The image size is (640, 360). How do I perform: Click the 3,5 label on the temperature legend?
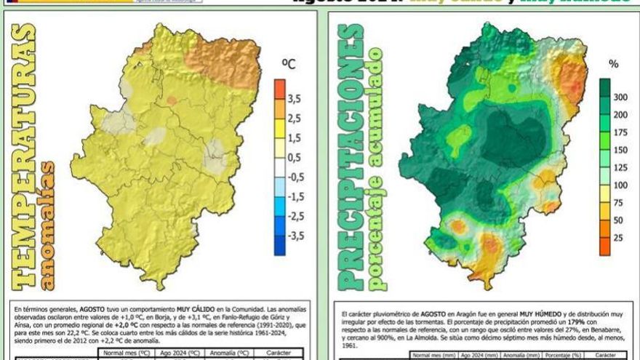(294, 98)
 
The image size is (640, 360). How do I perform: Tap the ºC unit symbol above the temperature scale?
(289, 65)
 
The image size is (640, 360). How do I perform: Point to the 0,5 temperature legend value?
(294, 157)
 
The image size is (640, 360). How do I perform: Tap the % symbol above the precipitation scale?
(614, 65)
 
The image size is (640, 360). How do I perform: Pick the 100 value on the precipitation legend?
(619, 185)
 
